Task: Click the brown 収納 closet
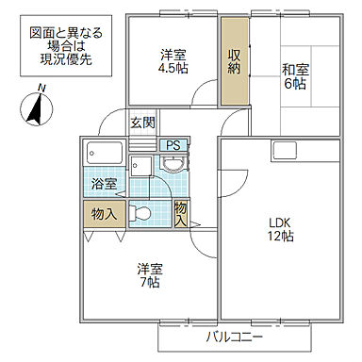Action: [x=234, y=62]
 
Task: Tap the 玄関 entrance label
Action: [x=142, y=123]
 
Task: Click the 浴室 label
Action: [x=104, y=185]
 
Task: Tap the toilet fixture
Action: [x=141, y=213]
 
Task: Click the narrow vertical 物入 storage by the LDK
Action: [x=181, y=213]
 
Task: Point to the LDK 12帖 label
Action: [x=279, y=229]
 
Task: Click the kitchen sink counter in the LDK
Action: [x=284, y=149]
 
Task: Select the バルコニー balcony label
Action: [x=232, y=337]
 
